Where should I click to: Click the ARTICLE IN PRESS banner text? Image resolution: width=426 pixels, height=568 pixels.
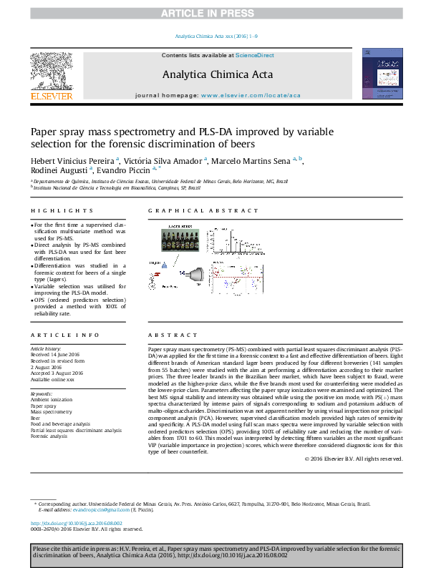click(213, 14)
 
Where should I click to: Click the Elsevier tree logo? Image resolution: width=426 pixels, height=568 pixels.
click(51, 74)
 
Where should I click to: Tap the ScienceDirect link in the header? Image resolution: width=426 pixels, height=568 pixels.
click(255, 55)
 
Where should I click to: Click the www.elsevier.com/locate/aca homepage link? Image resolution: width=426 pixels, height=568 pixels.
click(251, 95)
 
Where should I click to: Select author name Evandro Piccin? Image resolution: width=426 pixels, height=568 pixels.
click(124, 171)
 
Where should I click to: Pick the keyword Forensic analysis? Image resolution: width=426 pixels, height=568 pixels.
click(49, 436)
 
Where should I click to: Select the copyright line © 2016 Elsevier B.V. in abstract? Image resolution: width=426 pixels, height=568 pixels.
click(353, 458)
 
